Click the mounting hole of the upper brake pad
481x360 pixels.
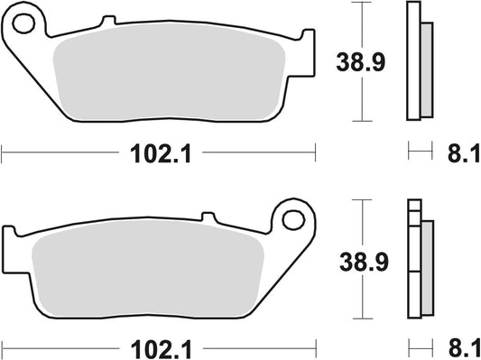click(25, 20)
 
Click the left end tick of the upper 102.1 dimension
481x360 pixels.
click(2, 154)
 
